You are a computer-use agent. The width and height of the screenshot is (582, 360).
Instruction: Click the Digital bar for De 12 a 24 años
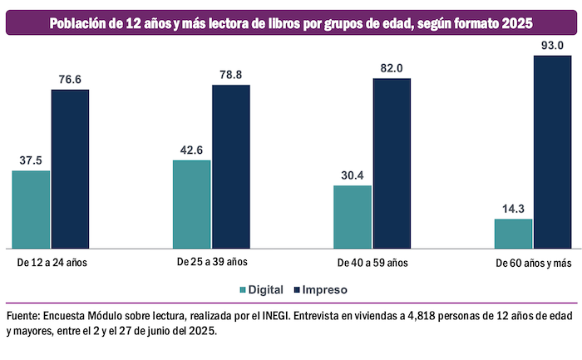point(31,210)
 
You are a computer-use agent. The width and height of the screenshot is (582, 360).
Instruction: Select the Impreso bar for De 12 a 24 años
point(71,169)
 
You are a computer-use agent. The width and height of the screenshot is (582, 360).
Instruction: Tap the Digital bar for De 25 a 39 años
point(191,205)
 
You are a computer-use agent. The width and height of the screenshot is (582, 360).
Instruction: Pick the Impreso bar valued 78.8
point(231,166)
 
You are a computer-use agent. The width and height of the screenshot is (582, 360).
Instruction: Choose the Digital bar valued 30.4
point(353,217)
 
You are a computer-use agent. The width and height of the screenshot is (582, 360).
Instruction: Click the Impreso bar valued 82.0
point(392,163)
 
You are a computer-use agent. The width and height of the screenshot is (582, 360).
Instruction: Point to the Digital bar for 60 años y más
point(513,234)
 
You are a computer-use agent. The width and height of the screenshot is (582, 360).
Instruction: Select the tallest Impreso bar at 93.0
point(553,151)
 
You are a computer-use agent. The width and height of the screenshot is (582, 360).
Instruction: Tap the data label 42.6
point(191,150)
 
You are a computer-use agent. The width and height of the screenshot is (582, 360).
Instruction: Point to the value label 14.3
point(513,210)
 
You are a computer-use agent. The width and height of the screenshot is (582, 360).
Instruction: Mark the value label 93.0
point(553,44)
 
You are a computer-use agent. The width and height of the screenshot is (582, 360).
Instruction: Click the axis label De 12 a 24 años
point(52,263)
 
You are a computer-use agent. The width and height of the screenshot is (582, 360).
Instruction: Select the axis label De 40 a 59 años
point(372,263)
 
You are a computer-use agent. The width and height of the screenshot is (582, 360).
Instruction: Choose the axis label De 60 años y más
point(534,263)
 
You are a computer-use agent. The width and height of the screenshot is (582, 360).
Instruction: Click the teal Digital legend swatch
point(243,290)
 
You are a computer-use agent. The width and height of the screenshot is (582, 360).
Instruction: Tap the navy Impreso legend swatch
point(297,290)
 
